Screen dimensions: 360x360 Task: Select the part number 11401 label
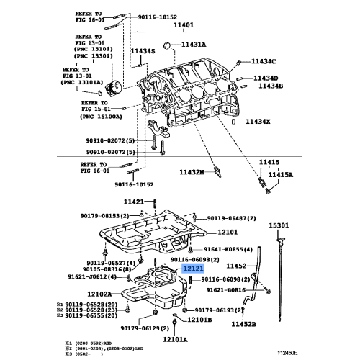pos(184,24)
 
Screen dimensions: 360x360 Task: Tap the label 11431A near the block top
pos(193,44)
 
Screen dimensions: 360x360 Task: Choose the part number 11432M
pos(193,173)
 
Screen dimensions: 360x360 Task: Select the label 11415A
pos(282,174)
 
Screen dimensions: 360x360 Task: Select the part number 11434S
pos(143,51)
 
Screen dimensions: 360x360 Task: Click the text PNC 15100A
pos(101,115)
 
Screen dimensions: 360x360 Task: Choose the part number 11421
pos(134,202)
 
